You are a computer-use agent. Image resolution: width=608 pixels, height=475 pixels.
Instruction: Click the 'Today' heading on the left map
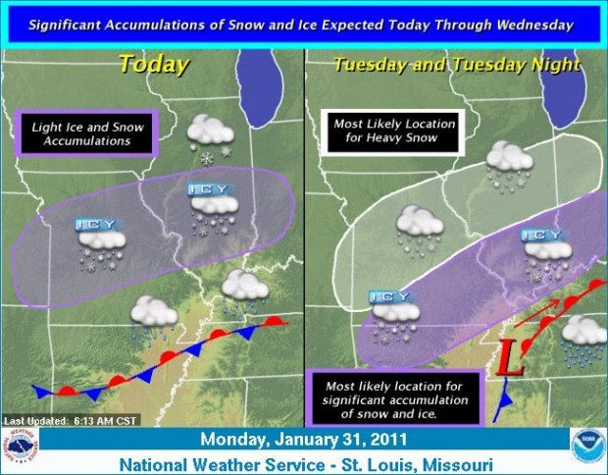(153, 66)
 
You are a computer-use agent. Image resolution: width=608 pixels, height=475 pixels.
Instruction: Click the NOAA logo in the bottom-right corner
(585, 446)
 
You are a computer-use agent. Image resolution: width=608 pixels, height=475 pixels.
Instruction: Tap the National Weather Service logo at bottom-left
(22, 446)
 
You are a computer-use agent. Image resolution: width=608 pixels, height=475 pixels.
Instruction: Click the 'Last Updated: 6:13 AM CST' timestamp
(71, 420)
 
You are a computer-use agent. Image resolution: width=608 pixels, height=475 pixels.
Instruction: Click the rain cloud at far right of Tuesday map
(583, 337)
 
